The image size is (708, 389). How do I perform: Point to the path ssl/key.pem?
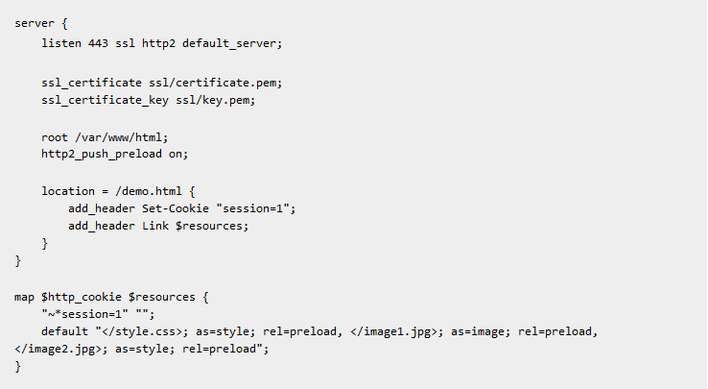[202, 100]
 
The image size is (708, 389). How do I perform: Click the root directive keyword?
[55, 137]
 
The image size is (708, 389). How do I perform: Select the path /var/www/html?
[120, 137]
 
